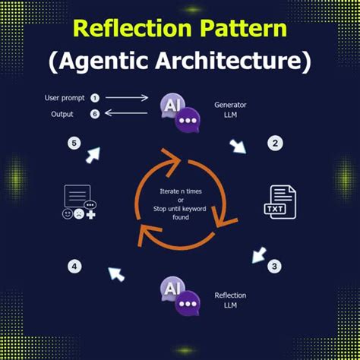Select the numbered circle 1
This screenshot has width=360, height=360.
pyautogui.click(x=95, y=98)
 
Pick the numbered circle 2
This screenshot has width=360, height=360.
pyautogui.click(x=276, y=142)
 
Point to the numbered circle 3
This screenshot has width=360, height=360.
pyautogui.click(x=276, y=267)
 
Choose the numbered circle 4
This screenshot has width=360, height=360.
pyautogui.click(x=74, y=267)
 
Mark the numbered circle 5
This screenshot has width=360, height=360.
pyautogui.click(x=74, y=142)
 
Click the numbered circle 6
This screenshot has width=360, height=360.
pyautogui.click(x=95, y=115)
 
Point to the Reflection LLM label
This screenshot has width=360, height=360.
pyautogui.click(x=231, y=299)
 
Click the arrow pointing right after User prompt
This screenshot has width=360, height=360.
pyautogui.click(x=126, y=98)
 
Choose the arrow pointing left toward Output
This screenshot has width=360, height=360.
pyautogui.click(x=126, y=115)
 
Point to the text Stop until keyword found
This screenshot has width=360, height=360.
pyautogui.click(x=180, y=212)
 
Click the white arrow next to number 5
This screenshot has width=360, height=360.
pyautogui.click(x=93, y=155)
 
